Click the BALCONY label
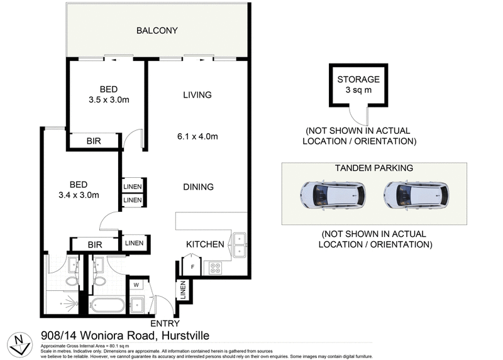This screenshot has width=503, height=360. [x=158, y=30]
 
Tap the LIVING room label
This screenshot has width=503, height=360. [x=197, y=95]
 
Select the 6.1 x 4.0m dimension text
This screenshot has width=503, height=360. [x=197, y=136]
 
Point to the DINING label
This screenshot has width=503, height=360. [x=198, y=187]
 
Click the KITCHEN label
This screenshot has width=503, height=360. [x=205, y=244]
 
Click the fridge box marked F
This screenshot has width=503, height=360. [x=192, y=267]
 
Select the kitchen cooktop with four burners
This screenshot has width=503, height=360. [x=215, y=267]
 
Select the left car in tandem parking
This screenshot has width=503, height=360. [x=333, y=195]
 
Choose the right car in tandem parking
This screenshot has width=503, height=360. [x=417, y=195]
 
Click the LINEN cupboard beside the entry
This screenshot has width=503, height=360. [x=182, y=290]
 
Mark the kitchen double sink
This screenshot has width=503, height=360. [x=240, y=246]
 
